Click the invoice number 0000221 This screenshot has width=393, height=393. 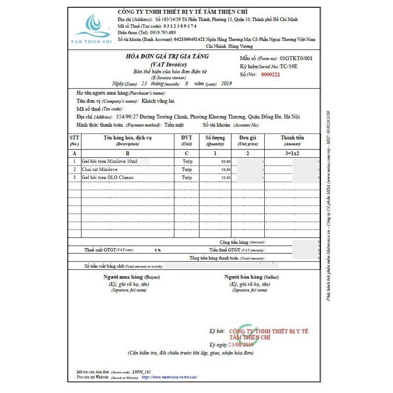(270, 75)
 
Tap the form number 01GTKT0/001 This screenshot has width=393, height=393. (296, 58)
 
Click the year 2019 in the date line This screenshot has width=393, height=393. (226, 84)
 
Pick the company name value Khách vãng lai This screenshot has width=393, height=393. (158, 101)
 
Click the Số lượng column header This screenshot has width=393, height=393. (215, 138)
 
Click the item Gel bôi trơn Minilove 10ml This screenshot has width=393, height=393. (110, 161)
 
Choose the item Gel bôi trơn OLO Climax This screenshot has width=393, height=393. (108, 177)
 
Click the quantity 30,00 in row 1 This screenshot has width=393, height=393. (225, 162)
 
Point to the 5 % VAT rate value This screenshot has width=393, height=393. (158, 251)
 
